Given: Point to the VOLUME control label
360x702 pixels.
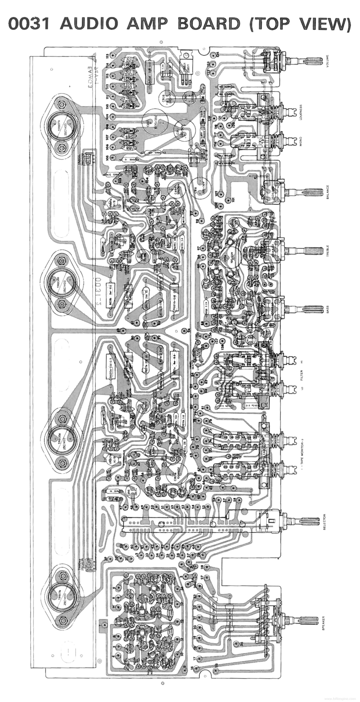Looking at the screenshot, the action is pyautogui.click(x=327, y=60).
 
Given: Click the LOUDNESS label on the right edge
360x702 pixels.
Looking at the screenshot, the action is pyautogui.click(x=301, y=114).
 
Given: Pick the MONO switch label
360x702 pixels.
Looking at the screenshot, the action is pyautogui.click(x=301, y=141).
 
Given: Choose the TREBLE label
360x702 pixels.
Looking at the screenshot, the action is pyautogui.click(x=327, y=250).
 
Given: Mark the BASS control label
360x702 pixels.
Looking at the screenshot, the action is pyautogui.click(x=327, y=309).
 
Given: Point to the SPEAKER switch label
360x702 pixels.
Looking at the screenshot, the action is pyautogui.click(x=324, y=623).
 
